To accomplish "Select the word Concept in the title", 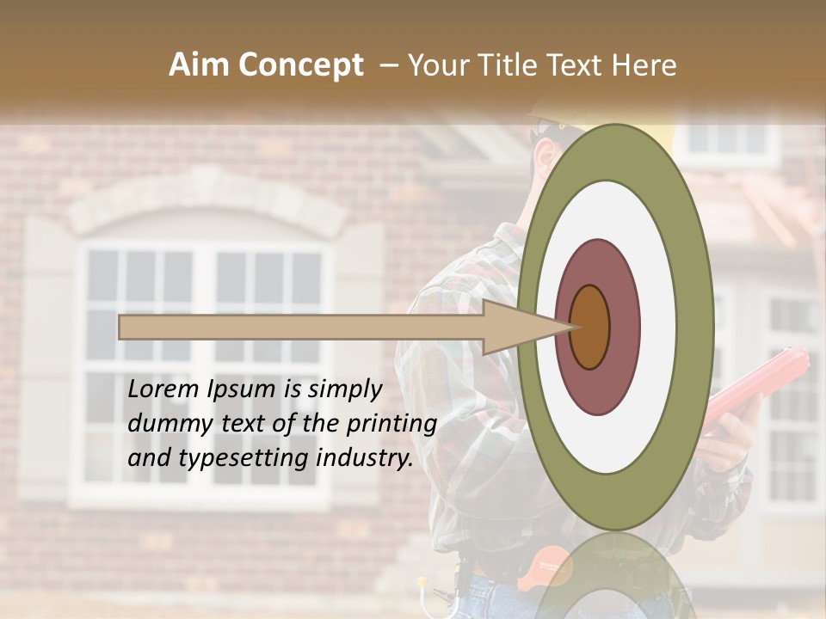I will click(301, 65).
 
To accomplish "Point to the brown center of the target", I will click(589, 327).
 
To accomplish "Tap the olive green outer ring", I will click(693, 327).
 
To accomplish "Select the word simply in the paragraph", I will click(343, 389).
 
